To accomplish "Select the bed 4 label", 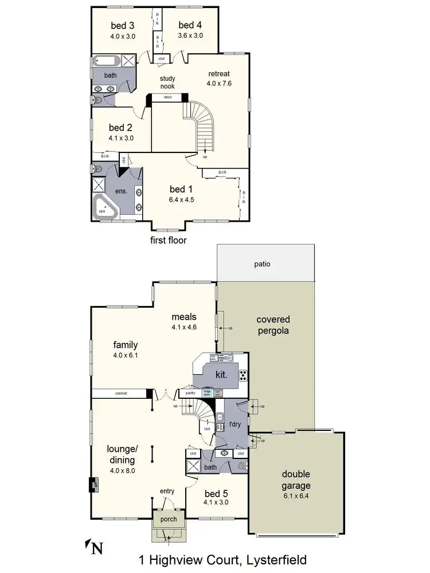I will pos(190,25).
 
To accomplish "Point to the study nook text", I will pos(167,83).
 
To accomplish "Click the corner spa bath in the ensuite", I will pos(105,207).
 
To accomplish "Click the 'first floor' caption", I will pos(169,240).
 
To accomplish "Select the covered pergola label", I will pos(273,325).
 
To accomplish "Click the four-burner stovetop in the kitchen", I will pos(243,376).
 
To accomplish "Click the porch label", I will pos(169,520).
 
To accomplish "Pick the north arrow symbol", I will pos(93,548).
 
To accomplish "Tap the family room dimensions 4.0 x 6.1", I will pos(125,355).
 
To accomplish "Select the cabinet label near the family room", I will pos(120,394).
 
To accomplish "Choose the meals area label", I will pos(184,317).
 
